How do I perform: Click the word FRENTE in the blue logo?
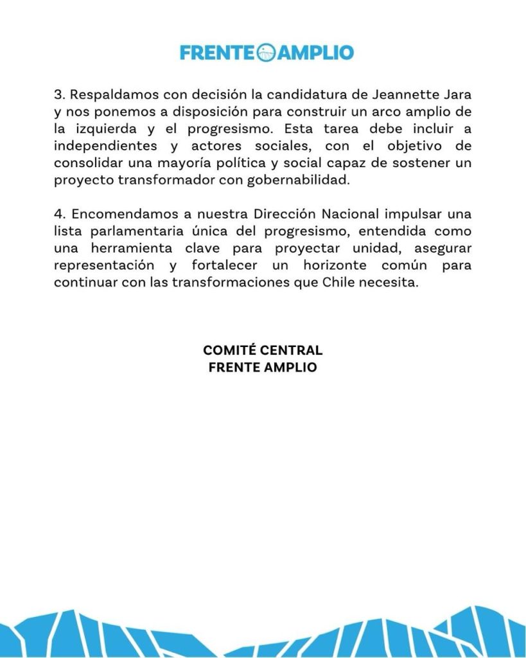tap(218, 52)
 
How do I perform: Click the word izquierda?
tap(105, 129)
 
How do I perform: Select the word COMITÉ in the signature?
tap(230, 351)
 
